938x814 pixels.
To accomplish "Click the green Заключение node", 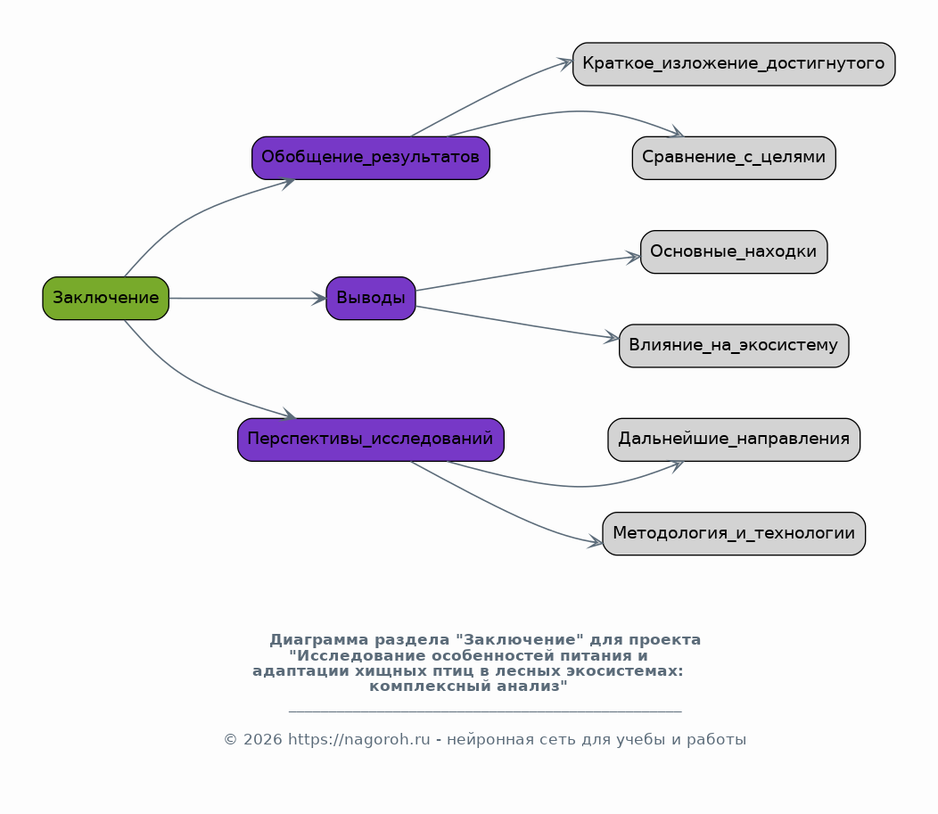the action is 106,298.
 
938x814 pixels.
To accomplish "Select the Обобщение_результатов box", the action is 371,158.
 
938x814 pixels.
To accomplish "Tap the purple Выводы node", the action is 371,298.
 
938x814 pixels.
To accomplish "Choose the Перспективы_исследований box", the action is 371,440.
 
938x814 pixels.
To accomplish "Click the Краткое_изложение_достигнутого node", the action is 734,64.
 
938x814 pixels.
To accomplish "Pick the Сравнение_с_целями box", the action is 734,158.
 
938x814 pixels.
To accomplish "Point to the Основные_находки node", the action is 734,251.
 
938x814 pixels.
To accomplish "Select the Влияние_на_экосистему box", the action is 734,346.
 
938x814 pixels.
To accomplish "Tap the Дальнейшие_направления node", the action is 734,440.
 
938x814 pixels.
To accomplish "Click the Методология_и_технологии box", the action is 734,533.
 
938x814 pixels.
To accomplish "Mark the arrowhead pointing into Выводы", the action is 319,298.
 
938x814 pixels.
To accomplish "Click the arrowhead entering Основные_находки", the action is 634,257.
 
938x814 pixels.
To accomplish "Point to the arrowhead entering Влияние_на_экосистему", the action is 612,337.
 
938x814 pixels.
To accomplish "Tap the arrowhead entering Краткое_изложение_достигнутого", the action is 565,62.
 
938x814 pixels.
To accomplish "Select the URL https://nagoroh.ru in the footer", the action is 359,740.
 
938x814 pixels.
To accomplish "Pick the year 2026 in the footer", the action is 263,740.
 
